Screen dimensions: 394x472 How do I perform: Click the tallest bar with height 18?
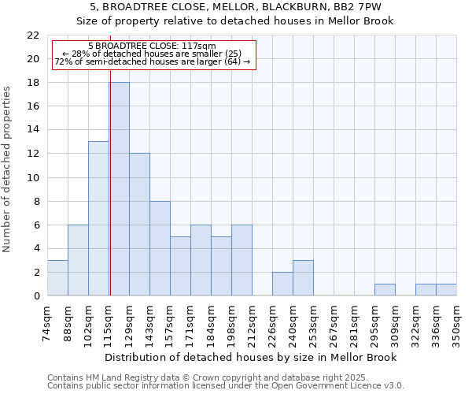point(120,189)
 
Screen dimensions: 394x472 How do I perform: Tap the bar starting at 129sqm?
point(139,225)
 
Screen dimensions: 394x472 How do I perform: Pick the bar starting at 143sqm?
point(160,248)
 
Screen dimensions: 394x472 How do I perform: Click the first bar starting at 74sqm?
point(57,277)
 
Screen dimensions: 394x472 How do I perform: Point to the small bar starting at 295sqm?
point(385,289)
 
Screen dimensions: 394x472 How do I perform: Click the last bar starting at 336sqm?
point(446,289)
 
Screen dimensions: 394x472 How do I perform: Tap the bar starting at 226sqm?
point(282,284)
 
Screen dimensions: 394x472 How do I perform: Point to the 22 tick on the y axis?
point(33,35)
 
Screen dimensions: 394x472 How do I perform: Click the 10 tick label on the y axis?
point(33,177)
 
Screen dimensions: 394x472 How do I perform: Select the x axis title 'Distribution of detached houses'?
point(251,357)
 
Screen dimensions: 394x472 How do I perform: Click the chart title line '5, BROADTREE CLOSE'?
point(236,9)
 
